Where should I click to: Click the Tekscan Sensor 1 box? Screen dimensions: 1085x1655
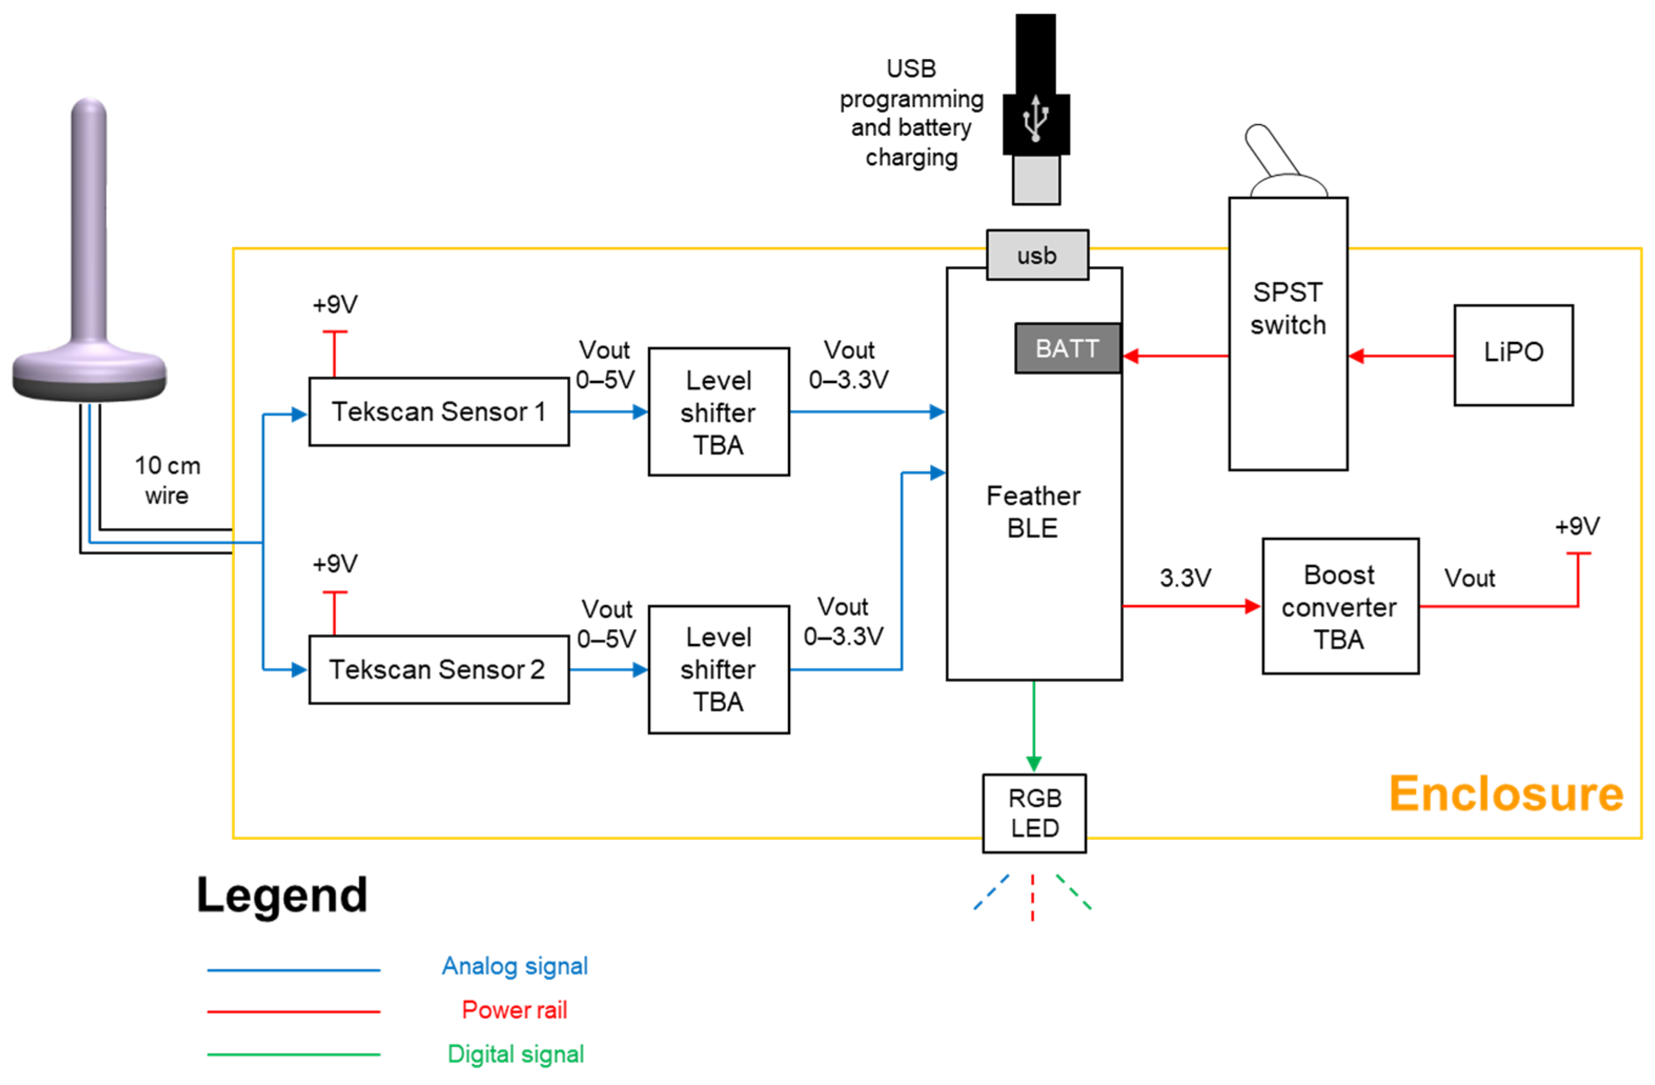(x=438, y=412)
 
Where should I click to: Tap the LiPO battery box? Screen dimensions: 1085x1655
(x=1513, y=354)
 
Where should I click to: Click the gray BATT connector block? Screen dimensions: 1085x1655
(x=1067, y=348)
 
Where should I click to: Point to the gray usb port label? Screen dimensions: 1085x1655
(x=1037, y=255)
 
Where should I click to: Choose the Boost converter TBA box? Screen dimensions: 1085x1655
(x=1340, y=606)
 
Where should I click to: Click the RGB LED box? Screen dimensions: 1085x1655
(x=1034, y=813)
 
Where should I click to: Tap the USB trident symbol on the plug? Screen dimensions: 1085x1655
(x=1035, y=118)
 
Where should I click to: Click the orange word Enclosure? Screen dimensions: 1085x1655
(x=1506, y=794)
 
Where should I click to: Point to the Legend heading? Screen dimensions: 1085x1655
(x=282, y=895)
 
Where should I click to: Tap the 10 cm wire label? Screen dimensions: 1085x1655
(x=167, y=480)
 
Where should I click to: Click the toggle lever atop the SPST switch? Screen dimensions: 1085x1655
(x=1269, y=149)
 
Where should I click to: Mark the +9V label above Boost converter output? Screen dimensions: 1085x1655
(x=1577, y=526)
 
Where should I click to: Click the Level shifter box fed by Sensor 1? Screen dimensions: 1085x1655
(x=718, y=412)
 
